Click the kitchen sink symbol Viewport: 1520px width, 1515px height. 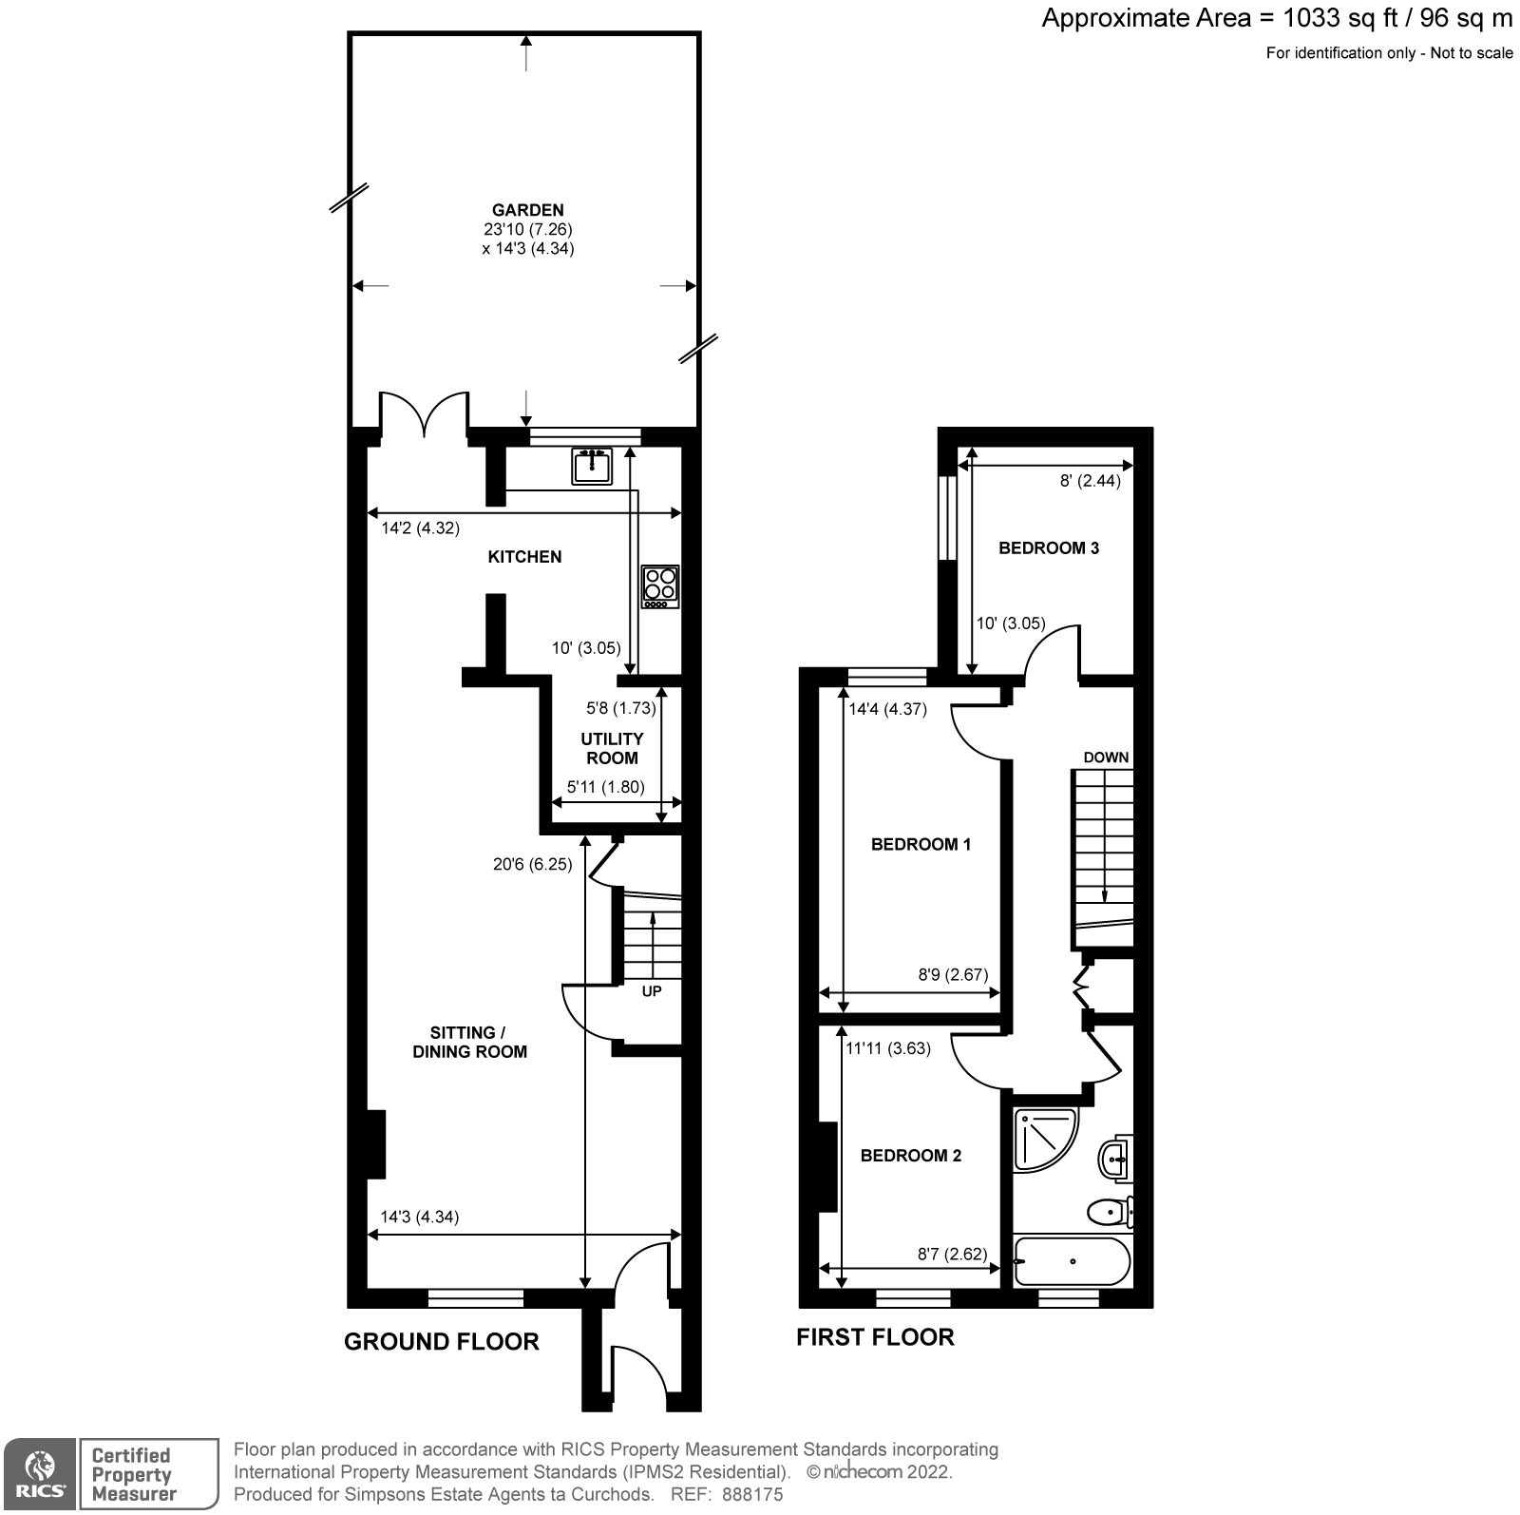(592, 466)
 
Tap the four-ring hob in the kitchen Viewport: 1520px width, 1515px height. (660, 586)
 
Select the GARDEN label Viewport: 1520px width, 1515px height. (527, 210)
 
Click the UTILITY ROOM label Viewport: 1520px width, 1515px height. (612, 748)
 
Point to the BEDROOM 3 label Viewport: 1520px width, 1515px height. (1049, 547)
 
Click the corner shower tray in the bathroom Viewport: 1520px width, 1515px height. (1042, 1138)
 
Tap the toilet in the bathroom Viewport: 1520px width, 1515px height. (1108, 1212)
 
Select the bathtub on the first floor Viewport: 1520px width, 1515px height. (1073, 1261)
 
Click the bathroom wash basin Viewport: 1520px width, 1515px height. (1115, 1159)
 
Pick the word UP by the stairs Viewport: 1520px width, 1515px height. (652, 990)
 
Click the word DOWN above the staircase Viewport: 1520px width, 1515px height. (1106, 757)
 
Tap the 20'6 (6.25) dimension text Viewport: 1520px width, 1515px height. (532, 864)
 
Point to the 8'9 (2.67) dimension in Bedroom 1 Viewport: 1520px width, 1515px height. (953, 974)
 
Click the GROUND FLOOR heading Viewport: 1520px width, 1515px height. (442, 1341)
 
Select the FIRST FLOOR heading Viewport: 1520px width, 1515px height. (875, 1336)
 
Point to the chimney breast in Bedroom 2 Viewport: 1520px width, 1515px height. (826, 1166)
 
